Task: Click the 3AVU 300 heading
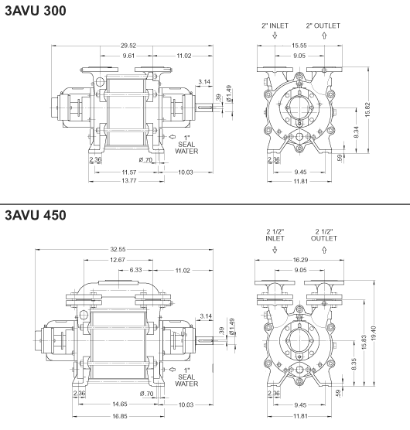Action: pos(36,11)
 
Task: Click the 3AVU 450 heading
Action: pos(36,215)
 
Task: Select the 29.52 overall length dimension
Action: pos(128,46)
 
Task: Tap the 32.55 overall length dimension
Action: pos(118,249)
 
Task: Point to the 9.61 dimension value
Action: pos(128,56)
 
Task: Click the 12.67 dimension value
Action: pos(118,260)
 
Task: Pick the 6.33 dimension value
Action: pos(135,270)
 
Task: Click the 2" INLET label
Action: pos(275,26)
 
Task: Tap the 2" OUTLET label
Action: pos(323,26)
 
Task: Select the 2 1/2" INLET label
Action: pos(275,235)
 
